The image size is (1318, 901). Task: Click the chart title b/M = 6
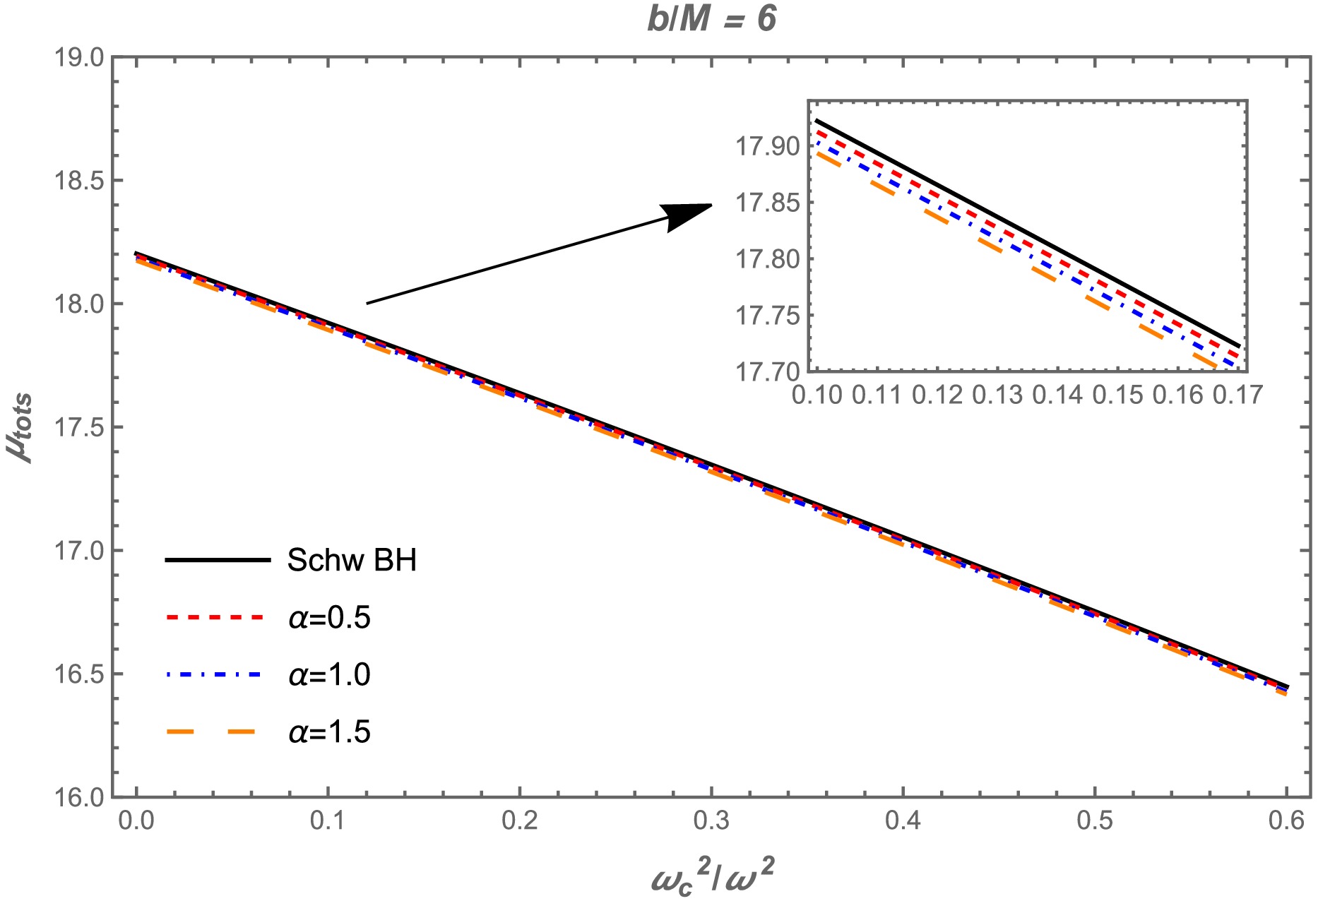pos(711,19)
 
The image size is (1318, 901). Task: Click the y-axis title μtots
pos(23,428)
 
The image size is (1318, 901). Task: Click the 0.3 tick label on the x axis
pos(711,821)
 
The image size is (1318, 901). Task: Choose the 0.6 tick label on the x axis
pos(1286,821)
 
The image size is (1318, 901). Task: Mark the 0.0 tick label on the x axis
pos(136,821)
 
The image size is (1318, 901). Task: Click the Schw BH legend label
pos(352,561)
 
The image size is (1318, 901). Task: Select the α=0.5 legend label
pos(329,618)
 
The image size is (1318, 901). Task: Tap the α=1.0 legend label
pos(329,675)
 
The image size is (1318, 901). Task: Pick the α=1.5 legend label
pos(329,732)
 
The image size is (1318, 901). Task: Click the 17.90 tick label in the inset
pos(768,148)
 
